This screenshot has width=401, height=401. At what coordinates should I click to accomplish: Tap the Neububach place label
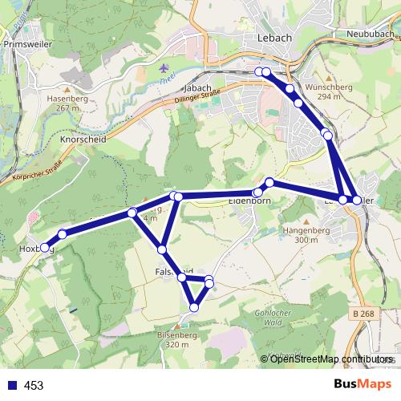[x=371, y=34]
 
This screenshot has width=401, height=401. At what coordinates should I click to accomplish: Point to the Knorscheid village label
[x=83, y=139]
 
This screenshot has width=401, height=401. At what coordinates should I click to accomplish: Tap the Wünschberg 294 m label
[x=324, y=91]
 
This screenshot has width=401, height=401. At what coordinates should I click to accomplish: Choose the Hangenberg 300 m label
[x=301, y=234]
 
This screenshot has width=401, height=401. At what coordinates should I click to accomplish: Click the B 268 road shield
[x=363, y=314]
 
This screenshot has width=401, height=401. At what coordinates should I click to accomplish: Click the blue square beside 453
[x=11, y=385]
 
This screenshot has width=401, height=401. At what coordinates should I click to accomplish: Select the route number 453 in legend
[x=34, y=386]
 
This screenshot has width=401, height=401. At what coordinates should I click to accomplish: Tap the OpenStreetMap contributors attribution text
[x=328, y=359]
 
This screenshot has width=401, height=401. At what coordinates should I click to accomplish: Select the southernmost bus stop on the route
[x=193, y=306]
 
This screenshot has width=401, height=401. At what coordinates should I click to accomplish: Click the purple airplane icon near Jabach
[x=165, y=68]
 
